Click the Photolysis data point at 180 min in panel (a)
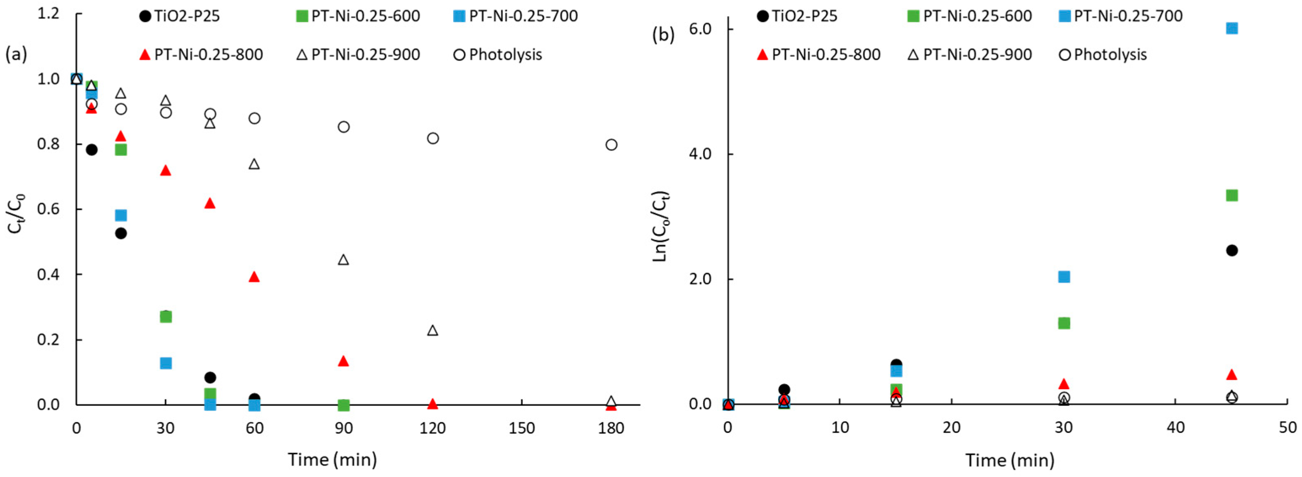[611, 145]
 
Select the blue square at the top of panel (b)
[1232, 28]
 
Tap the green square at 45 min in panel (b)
[1232, 195]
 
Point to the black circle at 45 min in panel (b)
[1232, 250]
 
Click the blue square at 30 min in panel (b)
[1064, 277]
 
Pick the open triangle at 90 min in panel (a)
[343, 259]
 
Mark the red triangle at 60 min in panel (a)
[254, 277]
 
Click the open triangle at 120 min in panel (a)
[433, 330]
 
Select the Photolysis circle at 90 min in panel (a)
[344, 127]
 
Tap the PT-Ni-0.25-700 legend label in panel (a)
[523, 16]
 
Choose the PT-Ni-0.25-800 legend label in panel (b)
[826, 55]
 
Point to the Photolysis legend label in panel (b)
[1110, 55]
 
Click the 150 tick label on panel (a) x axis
[522, 428]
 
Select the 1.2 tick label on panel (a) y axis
[49, 14]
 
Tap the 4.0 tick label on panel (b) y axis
[699, 154]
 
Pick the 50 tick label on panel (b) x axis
[1287, 428]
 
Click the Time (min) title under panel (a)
[333, 460]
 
